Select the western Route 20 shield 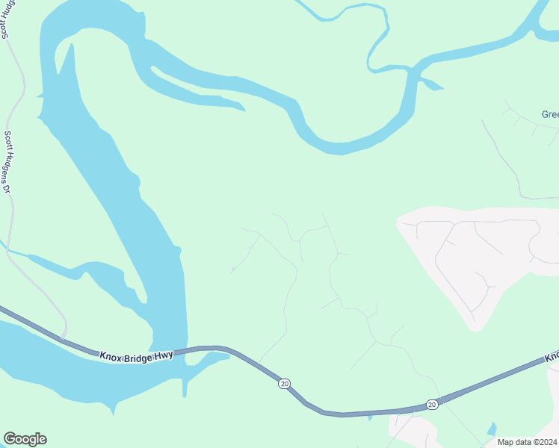284,383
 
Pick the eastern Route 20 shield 432,404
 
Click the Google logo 25,439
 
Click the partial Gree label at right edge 550,114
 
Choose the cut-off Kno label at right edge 552,358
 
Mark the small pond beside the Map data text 491,429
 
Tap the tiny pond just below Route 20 370,417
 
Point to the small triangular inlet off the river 432,84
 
